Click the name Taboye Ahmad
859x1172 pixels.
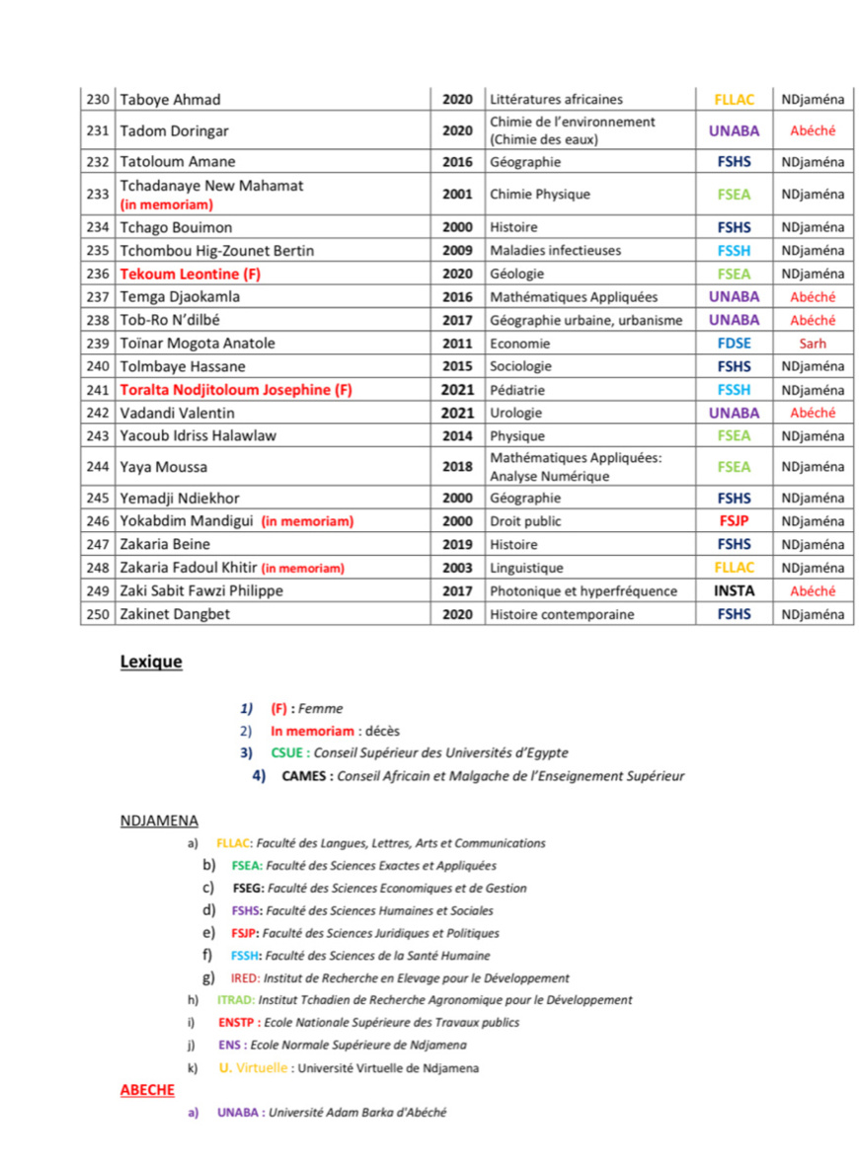(x=170, y=100)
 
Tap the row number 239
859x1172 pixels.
(x=97, y=344)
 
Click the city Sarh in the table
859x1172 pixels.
(x=813, y=344)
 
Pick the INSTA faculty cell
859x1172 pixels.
(x=734, y=591)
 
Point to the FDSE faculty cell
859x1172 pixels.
(x=734, y=344)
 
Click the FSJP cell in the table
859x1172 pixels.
(x=734, y=521)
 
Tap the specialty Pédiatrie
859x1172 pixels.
(x=517, y=390)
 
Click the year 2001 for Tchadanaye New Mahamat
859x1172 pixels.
(x=457, y=195)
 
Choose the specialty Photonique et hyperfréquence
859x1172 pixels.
(x=584, y=591)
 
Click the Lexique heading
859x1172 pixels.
(x=151, y=662)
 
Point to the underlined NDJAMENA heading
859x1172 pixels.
(x=159, y=820)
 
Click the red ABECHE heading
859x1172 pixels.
(x=147, y=1090)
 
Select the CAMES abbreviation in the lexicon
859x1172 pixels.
(x=305, y=776)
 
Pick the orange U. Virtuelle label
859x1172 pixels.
(x=253, y=1067)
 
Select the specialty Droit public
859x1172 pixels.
(x=525, y=521)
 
